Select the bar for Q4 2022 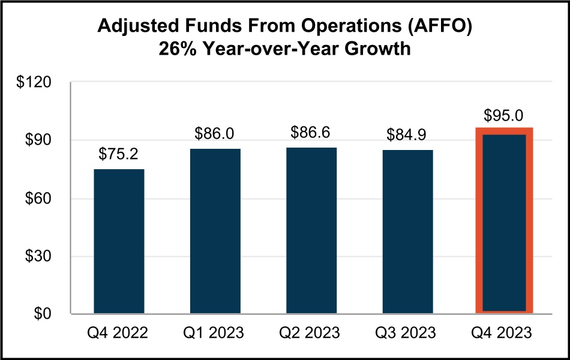click(x=119, y=241)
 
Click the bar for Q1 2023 click(x=215, y=231)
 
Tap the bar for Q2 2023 click(x=311, y=230)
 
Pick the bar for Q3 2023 click(x=407, y=232)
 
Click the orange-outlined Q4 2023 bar click(x=504, y=222)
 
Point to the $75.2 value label click(x=118, y=155)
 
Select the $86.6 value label click(x=310, y=132)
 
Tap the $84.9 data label click(x=407, y=136)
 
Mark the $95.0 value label click(x=504, y=115)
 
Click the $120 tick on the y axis click(x=37, y=82)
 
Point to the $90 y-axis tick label click(x=40, y=140)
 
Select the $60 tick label click(x=40, y=199)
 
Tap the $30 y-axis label click(x=40, y=256)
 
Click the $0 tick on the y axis click(x=44, y=314)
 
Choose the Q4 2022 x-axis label click(x=119, y=333)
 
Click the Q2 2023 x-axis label click(x=311, y=333)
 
